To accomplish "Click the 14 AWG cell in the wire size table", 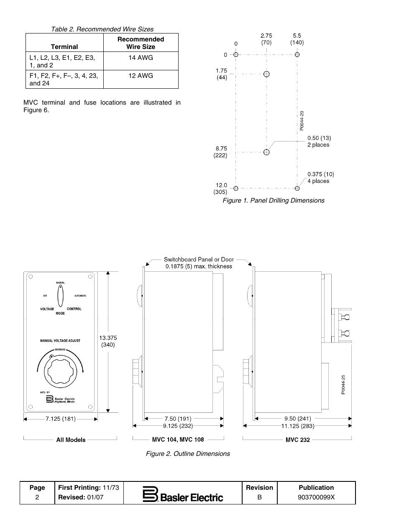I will (x=141, y=58).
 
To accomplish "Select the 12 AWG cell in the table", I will (x=141, y=76).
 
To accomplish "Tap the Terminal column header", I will (x=64, y=46).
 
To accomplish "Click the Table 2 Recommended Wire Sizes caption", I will (x=102, y=29).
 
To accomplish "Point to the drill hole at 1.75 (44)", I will (x=266, y=75).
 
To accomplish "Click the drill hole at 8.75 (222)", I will (x=266, y=152).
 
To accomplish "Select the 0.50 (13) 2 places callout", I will (x=319, y=141).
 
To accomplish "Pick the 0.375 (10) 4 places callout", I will (x=320, y=177).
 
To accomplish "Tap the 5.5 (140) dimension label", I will (x=297, y=39).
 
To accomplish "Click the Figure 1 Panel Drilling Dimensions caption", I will (x=273, y=201).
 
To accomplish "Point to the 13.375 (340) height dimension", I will (x=108, y=341).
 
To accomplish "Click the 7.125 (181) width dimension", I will (x=61, y=419).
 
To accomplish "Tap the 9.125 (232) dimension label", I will (x=178, y=426).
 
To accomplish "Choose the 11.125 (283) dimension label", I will (x=297, y=426).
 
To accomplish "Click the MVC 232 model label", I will (x=298, y=440).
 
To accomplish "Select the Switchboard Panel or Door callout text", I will (x=199, y=262).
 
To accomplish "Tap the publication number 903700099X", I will (x=316, y=497).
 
